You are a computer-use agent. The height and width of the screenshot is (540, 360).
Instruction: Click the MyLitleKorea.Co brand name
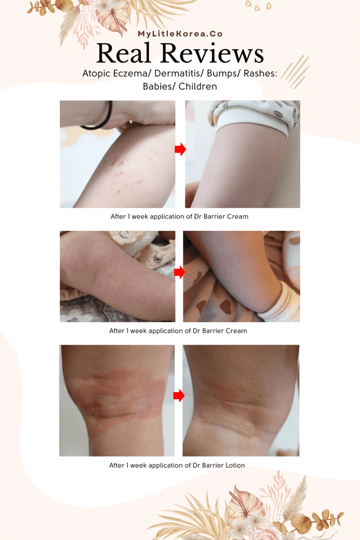[180, 34]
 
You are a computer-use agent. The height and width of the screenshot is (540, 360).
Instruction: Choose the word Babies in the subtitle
[158, 86]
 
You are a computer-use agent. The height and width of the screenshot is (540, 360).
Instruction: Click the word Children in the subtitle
[198, 86]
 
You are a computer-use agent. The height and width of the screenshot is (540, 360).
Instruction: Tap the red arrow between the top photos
[180, 150]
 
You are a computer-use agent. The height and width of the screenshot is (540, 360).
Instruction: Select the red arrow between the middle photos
[180, 272]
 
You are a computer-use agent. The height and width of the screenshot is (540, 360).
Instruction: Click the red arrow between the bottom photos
[179, 395]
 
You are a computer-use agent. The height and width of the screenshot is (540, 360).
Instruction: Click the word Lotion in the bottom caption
[233, 465]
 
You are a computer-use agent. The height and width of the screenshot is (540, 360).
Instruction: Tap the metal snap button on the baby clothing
[158, 258]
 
